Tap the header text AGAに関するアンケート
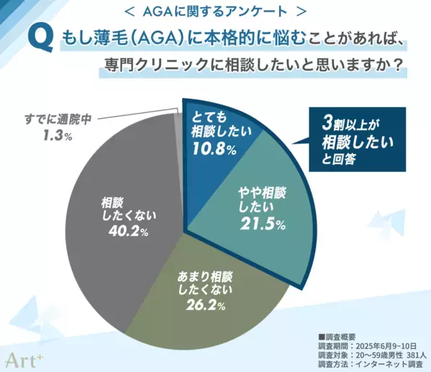[x=215, y=12]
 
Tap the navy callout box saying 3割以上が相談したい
[x=357, y=141]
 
